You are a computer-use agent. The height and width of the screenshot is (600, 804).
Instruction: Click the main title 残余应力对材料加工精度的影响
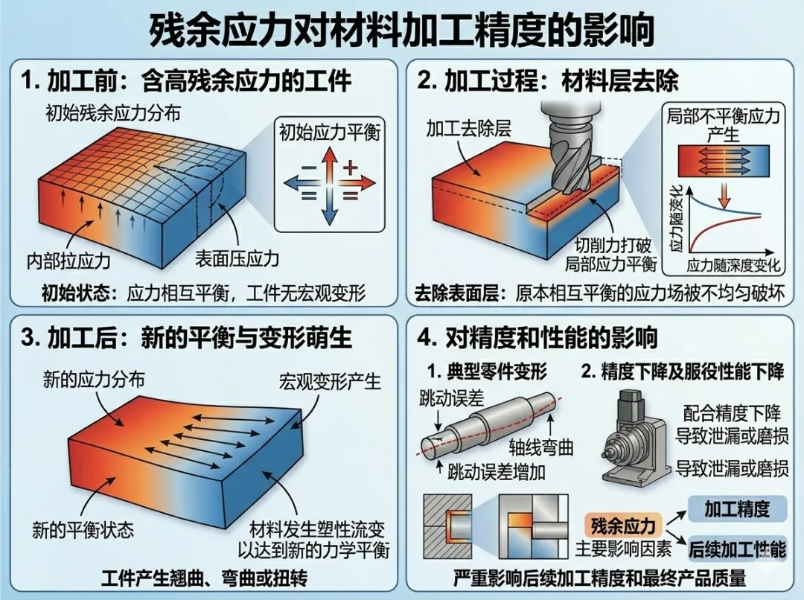coord(402,30)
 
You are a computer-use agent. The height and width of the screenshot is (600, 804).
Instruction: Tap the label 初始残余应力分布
coord(114,115)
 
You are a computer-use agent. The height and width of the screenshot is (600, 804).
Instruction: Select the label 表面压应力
coord(237,259)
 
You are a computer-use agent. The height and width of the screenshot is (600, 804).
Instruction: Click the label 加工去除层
coord(468,129)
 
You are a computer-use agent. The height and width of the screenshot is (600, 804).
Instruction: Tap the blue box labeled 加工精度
coord(736,509)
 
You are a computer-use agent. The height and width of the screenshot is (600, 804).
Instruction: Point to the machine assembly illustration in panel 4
coord(636,439)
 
